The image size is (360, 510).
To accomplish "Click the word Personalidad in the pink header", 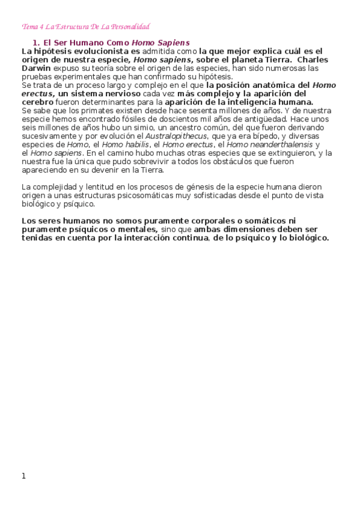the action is (x=131, y=27).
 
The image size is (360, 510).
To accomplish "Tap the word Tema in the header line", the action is (x=28, y=27).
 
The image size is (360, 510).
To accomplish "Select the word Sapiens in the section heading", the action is (x=174, y=43).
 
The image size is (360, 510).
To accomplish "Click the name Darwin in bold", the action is (x=35, y=69).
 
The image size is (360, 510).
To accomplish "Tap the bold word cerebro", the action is (x=37, y=102).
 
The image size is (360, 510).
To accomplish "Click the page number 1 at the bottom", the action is (x=23, y=476).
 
